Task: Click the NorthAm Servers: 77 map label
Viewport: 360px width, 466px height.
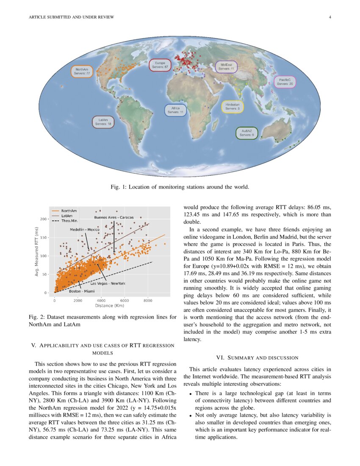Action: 81,71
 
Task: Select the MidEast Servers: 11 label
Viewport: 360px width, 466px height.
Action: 226,67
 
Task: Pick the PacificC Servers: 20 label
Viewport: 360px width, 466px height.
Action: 285,82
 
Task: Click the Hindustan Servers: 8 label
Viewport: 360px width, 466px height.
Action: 233,106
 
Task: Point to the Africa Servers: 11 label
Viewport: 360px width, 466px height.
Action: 175,110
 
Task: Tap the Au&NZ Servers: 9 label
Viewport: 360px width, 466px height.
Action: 247,133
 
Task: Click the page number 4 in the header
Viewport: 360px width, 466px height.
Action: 330,17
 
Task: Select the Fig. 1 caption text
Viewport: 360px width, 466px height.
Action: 180,187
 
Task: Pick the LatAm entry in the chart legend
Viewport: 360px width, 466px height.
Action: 66,216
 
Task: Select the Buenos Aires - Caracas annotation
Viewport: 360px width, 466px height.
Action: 114,217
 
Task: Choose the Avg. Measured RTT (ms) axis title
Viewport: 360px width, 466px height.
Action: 37,252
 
